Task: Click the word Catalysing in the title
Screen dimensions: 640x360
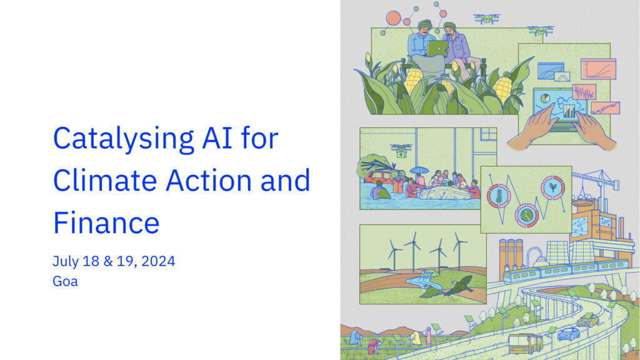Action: tap(123, 139)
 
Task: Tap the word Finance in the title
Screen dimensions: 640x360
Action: tap(106, 222)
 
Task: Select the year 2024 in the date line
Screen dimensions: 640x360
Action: tap(158, 261)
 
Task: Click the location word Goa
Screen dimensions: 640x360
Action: tap(65, 281)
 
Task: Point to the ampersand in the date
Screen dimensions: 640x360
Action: tap(108, 261)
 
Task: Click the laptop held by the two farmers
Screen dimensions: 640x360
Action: tap(437, 49)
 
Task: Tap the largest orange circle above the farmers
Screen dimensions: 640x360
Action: tap(394, 18)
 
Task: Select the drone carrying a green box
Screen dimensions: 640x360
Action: tap(401, 150)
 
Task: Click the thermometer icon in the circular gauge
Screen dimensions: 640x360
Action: tap(498, 196)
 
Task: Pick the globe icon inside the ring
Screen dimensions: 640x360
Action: tap(526, 215)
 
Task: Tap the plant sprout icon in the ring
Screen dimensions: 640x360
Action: tap(552, 187)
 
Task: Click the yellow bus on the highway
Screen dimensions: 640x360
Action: tap(525, 343)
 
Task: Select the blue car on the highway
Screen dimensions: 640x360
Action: tap(569, 334)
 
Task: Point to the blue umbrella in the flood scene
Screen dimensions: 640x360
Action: tap(419, 170)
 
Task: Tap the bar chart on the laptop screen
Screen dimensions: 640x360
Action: tap(569, 111)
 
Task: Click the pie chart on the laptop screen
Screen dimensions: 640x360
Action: tap(545, 98)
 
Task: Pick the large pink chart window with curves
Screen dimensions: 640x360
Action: tap(598, 69)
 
